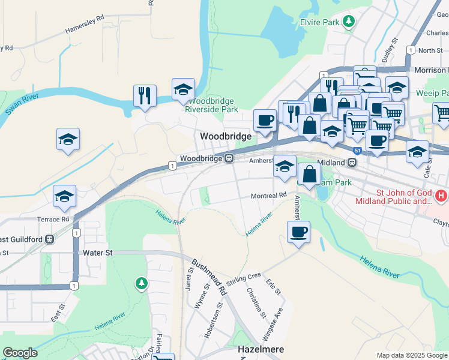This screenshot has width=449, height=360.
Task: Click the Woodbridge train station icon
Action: point(229,158)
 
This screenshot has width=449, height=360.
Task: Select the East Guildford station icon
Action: point(50,239)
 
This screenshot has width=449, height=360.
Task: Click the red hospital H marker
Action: point(441,196)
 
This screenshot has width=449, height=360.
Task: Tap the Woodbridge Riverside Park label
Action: point(211,106)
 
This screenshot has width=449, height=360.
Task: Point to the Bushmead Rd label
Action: point(208,275)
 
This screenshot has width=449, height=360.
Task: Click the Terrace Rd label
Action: point(53,220)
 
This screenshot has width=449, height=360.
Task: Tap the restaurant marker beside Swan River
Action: point(145,95)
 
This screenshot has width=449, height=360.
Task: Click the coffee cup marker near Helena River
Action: point(298,232)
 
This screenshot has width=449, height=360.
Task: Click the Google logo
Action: point(20,353)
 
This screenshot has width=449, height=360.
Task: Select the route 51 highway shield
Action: point(357,150)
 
